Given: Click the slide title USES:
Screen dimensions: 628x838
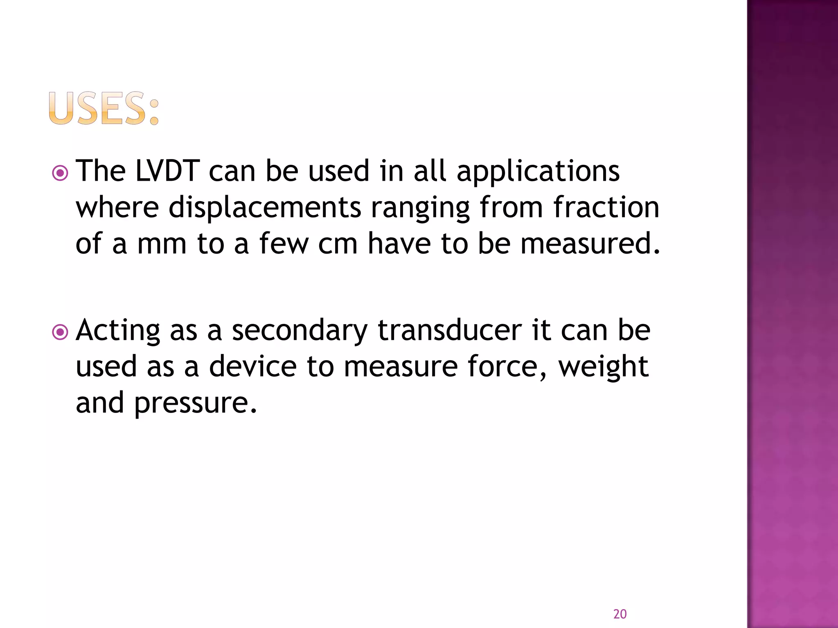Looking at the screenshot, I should tap(103, 108).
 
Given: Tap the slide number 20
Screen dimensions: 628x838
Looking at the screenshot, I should tap(620, 614).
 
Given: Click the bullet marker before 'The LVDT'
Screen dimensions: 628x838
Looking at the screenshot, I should tap(61, 173).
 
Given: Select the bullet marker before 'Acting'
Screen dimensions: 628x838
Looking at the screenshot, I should tap(61, 332).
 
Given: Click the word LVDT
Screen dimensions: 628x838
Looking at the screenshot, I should tap(167, 171).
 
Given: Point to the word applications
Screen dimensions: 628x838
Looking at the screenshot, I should tap(538, 172).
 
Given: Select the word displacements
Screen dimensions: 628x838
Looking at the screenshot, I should tap(265, 207).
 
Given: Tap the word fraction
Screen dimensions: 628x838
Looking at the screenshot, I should tap(606, 207).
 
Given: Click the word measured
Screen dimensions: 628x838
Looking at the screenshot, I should tap(590, 243).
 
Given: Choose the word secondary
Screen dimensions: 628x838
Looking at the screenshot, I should tap(300, 331).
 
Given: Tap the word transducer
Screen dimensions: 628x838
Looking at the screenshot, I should tap(449, 330).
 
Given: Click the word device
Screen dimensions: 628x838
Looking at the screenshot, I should tap(252, 366).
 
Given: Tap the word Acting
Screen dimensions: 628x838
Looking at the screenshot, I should tap(118, 331).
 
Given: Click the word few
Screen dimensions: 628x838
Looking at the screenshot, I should tap(284, 244).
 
